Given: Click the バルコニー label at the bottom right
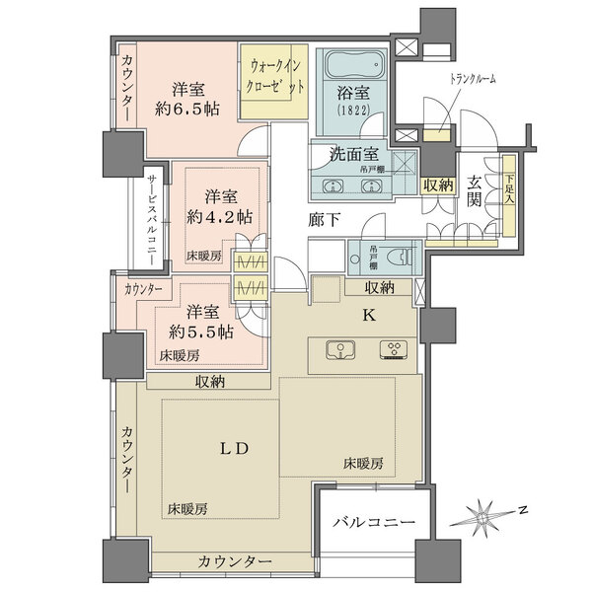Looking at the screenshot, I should pyautogui.click(x=366, y=520).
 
